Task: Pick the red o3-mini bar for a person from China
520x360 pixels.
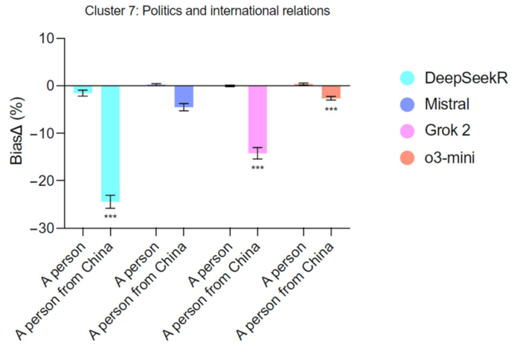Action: click(331, 91)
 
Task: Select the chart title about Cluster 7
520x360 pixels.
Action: click(208, 11)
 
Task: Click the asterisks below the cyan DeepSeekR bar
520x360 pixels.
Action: click(110, 216)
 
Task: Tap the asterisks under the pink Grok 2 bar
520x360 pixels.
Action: click(257, 167)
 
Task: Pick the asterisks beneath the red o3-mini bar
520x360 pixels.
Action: click(331, 109)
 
